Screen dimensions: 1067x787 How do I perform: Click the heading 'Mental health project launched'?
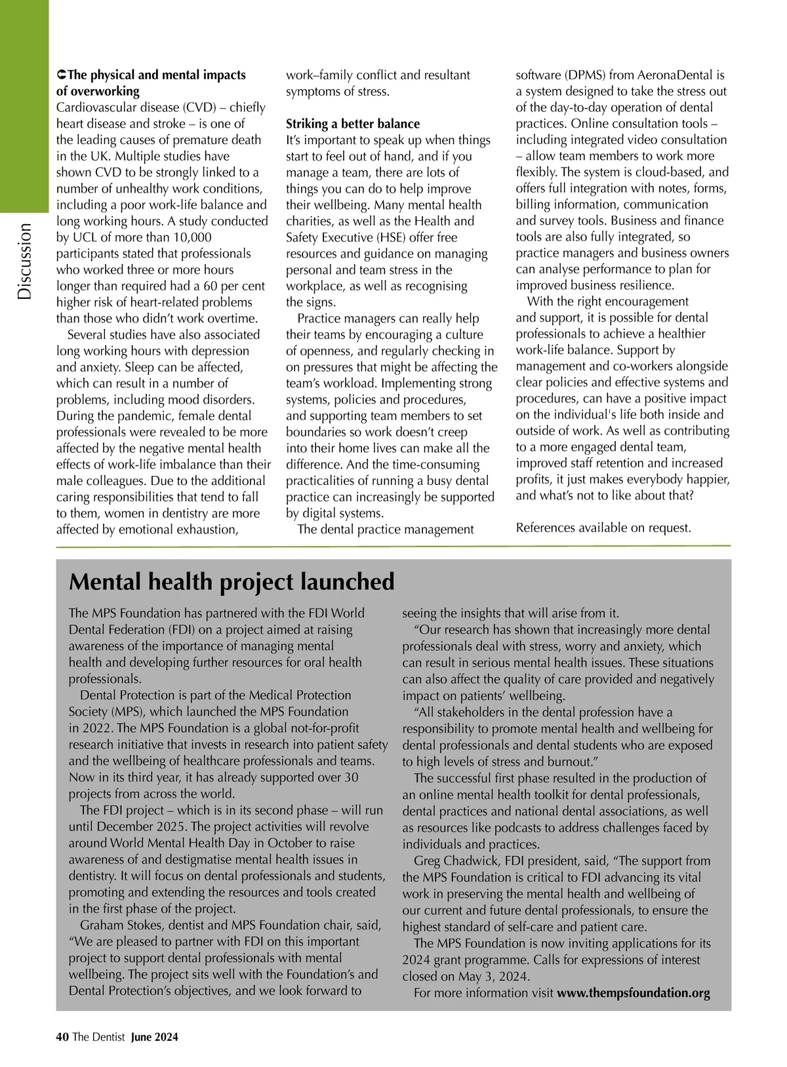point(232,582)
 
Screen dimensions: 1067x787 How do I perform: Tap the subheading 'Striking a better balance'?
point(353,124)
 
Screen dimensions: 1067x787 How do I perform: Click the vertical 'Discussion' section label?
point(25,262)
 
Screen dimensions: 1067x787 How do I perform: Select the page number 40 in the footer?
point(62,1037)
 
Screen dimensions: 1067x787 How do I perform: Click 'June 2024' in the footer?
point(155,1037)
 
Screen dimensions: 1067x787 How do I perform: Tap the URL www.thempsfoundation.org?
point(634,993)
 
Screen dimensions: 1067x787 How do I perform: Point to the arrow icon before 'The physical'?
point(62,75)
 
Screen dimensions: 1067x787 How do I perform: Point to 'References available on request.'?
point(603,528)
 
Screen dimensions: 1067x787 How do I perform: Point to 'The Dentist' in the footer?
point(98,1037)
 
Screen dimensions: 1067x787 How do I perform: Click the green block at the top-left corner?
point(24,105)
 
